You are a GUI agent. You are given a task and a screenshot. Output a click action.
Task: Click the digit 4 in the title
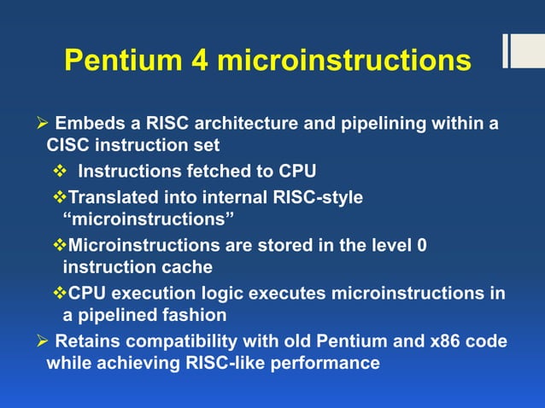(202, 61)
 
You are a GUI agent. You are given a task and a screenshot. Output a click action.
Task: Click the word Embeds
(85, 125)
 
